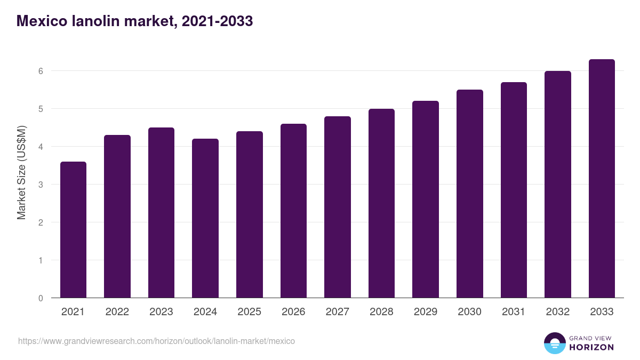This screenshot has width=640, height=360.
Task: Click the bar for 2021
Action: pos(73,230)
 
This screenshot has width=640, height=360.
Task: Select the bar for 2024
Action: pos(205,218)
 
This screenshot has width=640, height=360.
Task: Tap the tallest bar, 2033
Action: pos(602,179)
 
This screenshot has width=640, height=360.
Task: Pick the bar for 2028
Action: pos(381,203)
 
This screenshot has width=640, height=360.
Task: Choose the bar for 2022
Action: pos(117,217)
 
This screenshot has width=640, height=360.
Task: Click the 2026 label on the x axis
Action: pos(293,312)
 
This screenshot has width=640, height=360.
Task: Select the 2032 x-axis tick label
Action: pos(558,312)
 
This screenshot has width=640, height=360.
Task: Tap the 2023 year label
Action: pos(161,312)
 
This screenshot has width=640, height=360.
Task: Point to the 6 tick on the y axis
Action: pos(40,71)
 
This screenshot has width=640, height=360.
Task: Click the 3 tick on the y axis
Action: pos(40,185)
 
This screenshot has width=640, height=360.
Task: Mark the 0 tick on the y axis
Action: pos(40,298)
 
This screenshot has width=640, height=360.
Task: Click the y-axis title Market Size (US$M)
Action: pos(21,172)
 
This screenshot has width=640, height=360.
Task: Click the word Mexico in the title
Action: pos(42,21)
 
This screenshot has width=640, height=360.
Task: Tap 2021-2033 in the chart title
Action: pos(217,21)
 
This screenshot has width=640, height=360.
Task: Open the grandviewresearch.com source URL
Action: pos(156,341)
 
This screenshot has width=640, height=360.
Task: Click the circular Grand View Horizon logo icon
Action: pos(554,343)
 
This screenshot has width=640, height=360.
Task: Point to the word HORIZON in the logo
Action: pos(591,347)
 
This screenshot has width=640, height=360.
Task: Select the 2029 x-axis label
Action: pos(426,312)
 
